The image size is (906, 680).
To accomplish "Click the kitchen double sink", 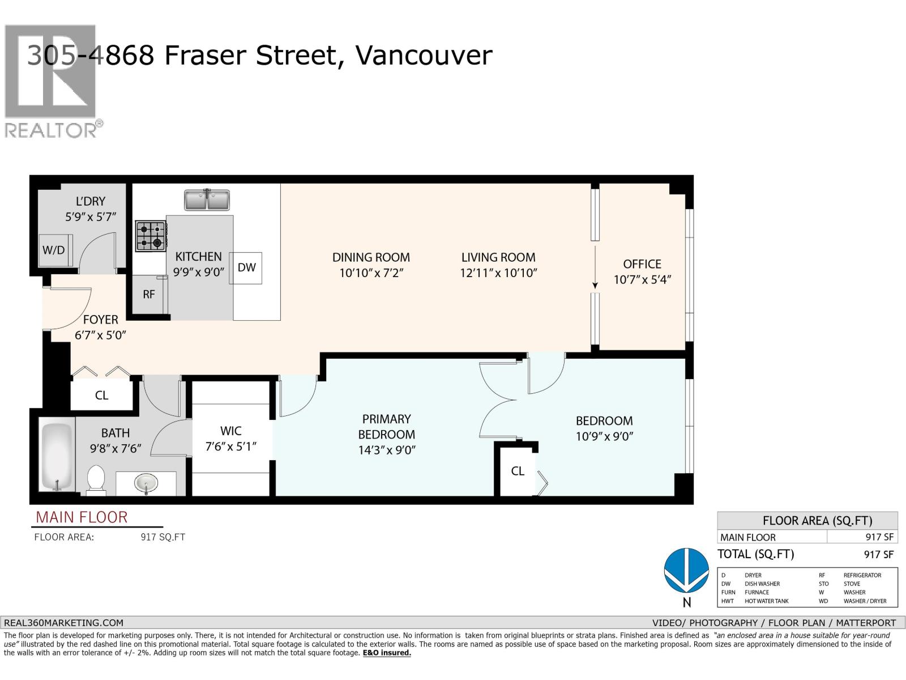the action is (x=207, y=200).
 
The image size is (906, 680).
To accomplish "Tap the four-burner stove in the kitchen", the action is (x=151, y=236).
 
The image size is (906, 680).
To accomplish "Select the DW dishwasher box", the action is (x=246, y=268).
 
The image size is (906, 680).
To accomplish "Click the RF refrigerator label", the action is (x=149, y=294).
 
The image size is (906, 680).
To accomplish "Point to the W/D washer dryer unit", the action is (x=55, y=250).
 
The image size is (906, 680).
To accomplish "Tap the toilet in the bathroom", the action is (x=96, y=480).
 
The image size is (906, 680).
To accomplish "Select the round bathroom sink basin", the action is (x=146, y=482).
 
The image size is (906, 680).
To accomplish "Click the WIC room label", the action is (x=230, y=431).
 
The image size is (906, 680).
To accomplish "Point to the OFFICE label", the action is (x=642, y=264).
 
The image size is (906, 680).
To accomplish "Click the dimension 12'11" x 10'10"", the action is (x=499, y=273).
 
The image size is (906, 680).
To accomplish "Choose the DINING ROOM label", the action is (x=371, y=258).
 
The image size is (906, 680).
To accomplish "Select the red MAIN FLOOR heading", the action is (x=82, y=517).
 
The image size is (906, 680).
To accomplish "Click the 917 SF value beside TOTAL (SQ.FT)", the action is (x=879, y=555).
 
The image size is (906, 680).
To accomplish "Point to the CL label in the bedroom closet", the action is (x=518, y=471).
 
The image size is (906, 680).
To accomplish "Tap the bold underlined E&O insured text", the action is (x=387, y=653).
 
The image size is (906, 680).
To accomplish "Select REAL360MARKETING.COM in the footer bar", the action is (x=63, y=623).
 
